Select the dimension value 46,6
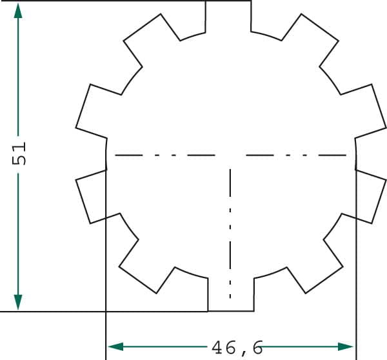click(237, 348)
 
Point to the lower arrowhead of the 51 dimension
click(18, 301)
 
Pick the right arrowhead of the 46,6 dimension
click(348, 347)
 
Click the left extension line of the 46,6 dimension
click(105, 258)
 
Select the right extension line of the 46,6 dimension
click(356, 258)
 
